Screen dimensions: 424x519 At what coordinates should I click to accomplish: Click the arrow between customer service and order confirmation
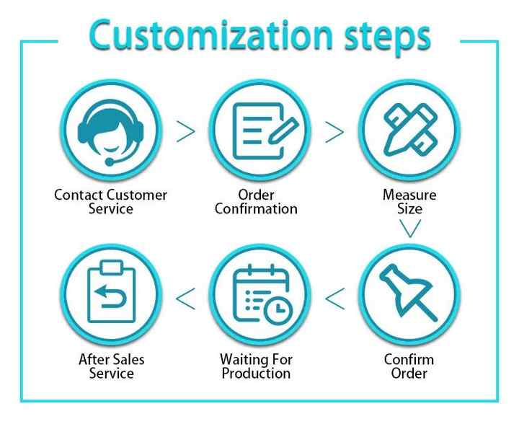185,131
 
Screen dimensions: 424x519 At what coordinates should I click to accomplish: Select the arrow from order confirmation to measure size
334,131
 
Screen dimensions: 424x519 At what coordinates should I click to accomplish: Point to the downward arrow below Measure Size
409,229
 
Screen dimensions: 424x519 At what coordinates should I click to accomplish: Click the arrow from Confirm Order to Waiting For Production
334,296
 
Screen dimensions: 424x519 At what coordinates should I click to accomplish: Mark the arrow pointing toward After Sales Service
185,296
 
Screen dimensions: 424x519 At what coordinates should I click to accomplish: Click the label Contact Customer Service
110,202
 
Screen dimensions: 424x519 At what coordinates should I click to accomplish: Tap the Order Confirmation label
256,202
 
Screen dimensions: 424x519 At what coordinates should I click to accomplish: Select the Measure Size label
409,202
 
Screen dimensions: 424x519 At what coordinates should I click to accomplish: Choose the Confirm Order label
409,366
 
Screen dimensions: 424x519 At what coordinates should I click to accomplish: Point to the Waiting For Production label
256,366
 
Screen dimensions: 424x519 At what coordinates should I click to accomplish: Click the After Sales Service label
111,366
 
